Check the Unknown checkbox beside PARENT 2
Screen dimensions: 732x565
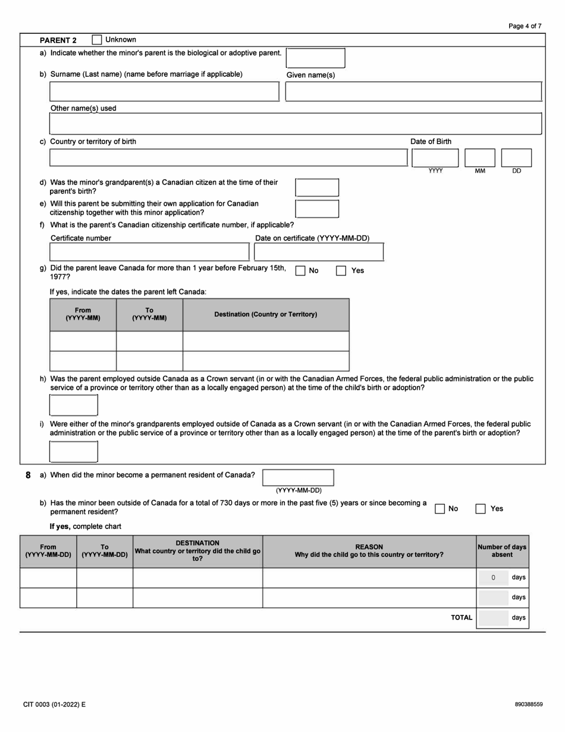click(97, 40)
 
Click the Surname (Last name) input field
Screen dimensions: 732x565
click(164, 92)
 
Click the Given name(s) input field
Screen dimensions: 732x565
click(413, 92)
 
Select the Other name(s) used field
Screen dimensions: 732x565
click(296, 124)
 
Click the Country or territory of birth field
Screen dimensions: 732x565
click(228, 158)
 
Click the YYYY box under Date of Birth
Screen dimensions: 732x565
click(435, 158)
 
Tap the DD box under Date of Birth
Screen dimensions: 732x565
click(516, 158)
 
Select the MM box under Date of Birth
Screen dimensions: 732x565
click(479, 158)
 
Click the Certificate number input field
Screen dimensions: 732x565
click(149, 252)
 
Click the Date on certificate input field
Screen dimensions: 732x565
click(319, 252)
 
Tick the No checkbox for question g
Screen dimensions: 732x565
click(300, 271)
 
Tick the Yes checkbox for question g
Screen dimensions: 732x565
click(341, 271)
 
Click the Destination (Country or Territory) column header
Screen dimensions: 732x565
click(266, 314)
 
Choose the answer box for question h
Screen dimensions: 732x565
click(74, 405)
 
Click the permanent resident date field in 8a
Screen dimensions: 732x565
click(298, 477)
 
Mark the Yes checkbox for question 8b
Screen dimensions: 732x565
click(481, 509)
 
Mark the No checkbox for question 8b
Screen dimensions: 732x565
click(440, 509)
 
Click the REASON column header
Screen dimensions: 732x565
click(369, 551)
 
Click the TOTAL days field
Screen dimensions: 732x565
click(494, 618)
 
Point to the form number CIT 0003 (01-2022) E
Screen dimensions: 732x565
click(55, 705)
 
